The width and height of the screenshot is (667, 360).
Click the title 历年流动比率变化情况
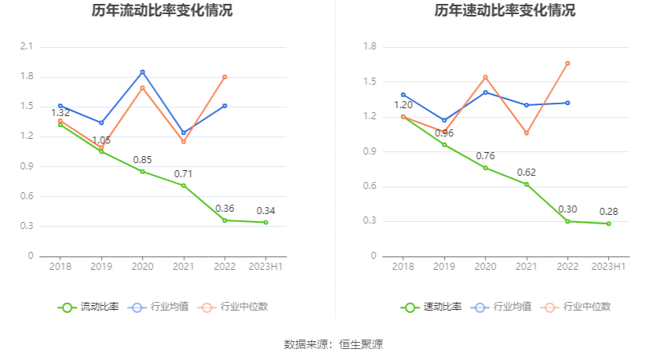(x=162, y=11)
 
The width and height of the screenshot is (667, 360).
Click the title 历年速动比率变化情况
(x=505, y=11)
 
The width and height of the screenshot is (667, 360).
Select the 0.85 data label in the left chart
(x=142, y=159)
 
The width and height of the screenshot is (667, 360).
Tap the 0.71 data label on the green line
(x=184, y=173)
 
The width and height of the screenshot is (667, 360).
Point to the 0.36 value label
(x=224, y=209)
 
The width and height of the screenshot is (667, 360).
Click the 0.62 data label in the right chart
(x=527, y=172)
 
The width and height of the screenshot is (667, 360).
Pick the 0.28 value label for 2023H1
(x=609, y=212)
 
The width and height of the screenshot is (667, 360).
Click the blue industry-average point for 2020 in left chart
(x=143, y=72)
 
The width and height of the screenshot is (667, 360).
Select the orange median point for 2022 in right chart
(x=567, y=64)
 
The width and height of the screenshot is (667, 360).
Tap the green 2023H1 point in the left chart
(x=266, y=223)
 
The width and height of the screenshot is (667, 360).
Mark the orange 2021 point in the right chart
(x=527, y=133)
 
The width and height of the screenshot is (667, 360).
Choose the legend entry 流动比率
(x=89, y=307)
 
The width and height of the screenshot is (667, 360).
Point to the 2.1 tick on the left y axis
(x=27, y=47)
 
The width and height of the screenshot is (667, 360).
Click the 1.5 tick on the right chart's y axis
(x=370, y=82)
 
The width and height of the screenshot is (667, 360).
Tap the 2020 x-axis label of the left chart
(x=143, y=267)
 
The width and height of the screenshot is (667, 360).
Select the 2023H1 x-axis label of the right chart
(x=609, y=267)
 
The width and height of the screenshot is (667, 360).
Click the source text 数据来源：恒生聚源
(x=333, y=344)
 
